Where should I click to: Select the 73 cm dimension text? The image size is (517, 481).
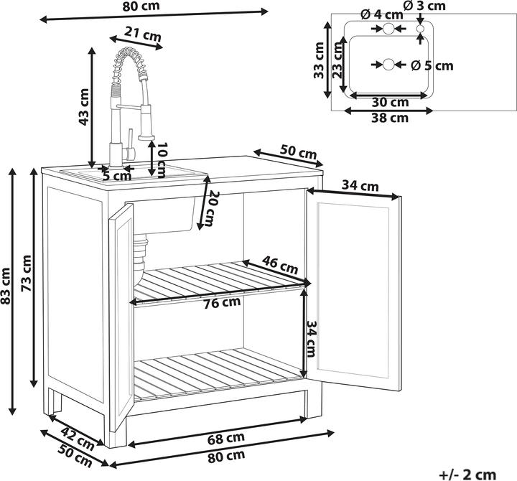[x=26, y=273]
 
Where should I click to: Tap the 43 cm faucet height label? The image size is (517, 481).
[x=84, y=107]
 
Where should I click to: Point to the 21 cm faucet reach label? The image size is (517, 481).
[x=142, y=34]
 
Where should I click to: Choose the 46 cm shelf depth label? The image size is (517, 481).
[x=280, y=265]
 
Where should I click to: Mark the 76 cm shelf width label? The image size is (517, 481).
[x=222, y=302]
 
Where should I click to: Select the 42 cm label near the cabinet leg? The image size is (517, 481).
[x=78, y=439]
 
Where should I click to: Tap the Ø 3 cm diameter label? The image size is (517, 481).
[x=424, y=6]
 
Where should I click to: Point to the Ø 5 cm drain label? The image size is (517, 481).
[x=432, y=65]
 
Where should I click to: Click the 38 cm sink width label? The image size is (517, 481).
[x=390, y=118]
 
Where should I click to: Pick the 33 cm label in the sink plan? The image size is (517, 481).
[x=319, y=60]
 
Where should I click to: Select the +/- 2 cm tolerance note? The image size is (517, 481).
[x=467, y=475]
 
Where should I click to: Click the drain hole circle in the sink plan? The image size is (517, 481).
[x=388, y=65]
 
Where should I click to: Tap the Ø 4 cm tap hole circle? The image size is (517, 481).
[x=388, y=28]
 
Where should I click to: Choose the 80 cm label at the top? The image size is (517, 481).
[x=141, y=6]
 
